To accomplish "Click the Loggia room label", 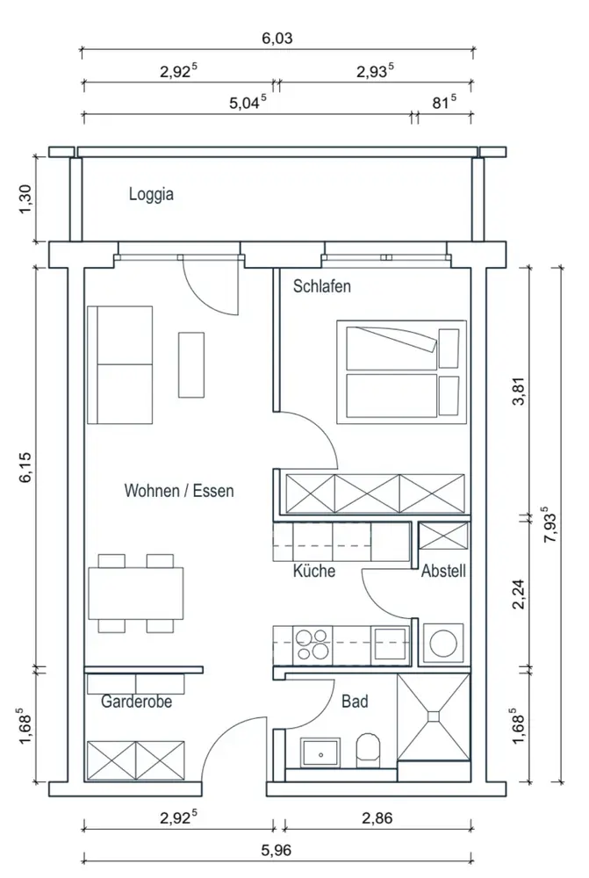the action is pyautogui.click(x=151, y=194).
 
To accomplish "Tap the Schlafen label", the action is pyautogui.click(x=322, y=286).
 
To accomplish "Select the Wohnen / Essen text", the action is pyautogui.click(x=178, y=491).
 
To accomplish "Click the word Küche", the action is pyautogui.click(x=314, y=571).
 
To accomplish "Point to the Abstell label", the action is pyautogui.click(x=443, y=571).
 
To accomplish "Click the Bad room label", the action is pyautogui.click(x=355, y=701).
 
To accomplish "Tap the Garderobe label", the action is pyautogui.click(x=136, y=701).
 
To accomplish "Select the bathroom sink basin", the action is pyautogui.click(x=320, y=753).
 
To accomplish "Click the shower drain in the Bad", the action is pyautogui.click(x=434, y=716).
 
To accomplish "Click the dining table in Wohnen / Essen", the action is pyautogui.click(x=136, y=594).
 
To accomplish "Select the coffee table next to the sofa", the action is pyautogui.click(x=191, y=364).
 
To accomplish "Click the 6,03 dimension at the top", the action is pyautogui.click(x=277, y=38).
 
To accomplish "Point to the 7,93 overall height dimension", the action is pyautogui.click(x=550, y=525).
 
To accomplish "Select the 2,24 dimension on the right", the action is pyautogui.click(x=520, y=594).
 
